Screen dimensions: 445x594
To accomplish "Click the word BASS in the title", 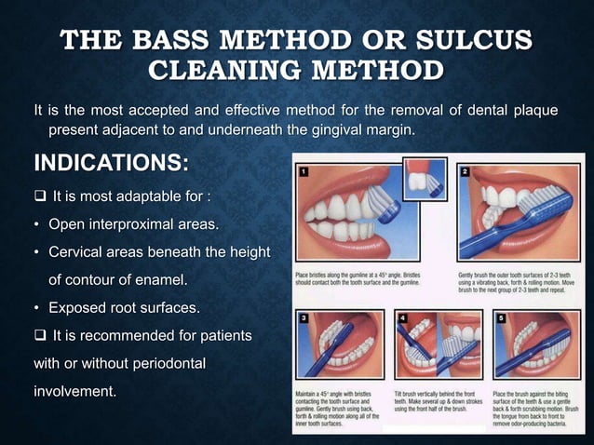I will point(188,41).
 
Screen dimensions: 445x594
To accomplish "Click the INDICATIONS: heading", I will point(111,164).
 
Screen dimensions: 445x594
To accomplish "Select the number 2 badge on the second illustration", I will point(463,172).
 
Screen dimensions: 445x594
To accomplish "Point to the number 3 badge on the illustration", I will point(303,319).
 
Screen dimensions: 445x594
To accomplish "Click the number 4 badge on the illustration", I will point(403,319).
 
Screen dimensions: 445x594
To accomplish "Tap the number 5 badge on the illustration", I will point(503,319).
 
